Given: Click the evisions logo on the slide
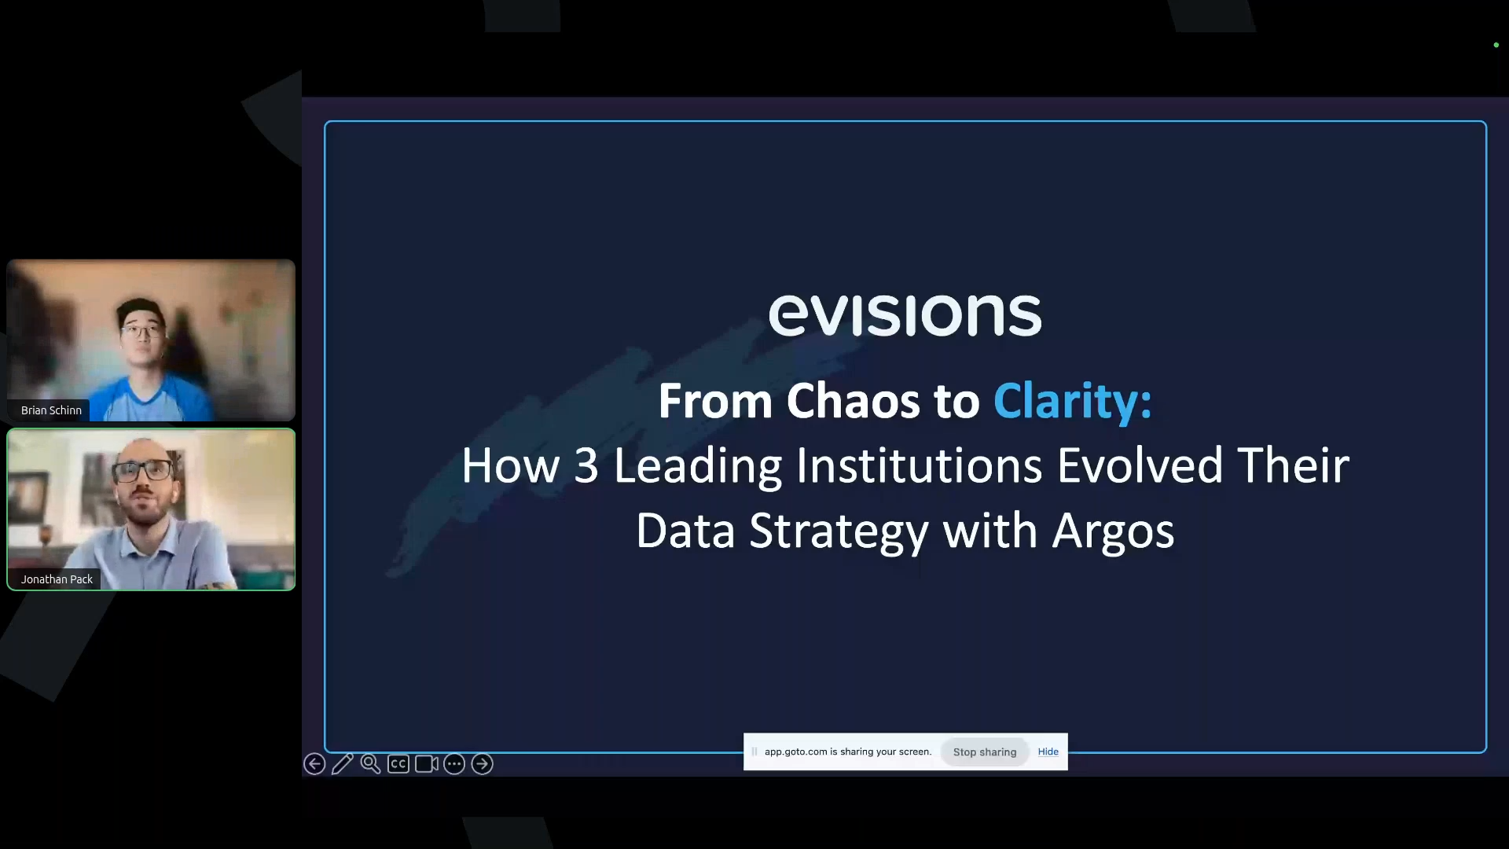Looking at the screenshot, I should (x=905, y=315).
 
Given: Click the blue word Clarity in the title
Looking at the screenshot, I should (x=1071, y=401).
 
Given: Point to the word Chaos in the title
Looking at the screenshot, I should (x=853, y=401).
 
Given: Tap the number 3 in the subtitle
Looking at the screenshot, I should (x=586, y=465).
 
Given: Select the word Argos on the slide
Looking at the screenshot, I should (x=1113, y=531).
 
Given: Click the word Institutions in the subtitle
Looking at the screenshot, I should (x=919, y=465).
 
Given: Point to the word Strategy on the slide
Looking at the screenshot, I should (x=839, y=531).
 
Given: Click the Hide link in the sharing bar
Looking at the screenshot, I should (x=1048, y=752).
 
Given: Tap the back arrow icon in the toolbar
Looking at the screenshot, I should (x=314, y=763).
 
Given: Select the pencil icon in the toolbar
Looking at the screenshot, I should (x=343, y=763).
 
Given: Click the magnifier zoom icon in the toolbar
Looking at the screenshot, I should (x=370, y=763).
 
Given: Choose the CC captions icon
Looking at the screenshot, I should (x=398, y=763).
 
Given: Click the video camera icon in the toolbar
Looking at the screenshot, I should (x=427, y=763).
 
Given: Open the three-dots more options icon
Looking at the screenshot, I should (x=454, y=763).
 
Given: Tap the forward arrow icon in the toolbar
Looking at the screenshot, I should (x=483, y=763).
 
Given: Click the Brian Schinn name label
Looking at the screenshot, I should (x=51, y=410).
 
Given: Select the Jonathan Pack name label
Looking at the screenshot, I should (x=57, y=579).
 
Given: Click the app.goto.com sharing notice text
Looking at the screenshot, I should (x=847, y=752).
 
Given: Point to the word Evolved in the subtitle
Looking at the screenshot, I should (x=1140, y=465).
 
